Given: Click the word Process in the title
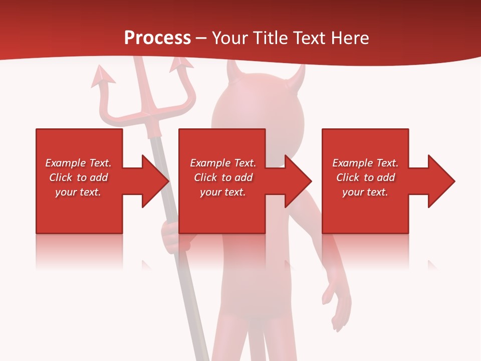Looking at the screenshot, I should [x=157, y=38].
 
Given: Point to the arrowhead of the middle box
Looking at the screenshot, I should [x=297, y=181].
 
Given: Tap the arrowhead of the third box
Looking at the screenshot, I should [x=440, y=181].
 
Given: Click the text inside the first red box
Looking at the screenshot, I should [x=78, y=177].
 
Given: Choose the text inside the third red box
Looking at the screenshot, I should [x=365, y=177].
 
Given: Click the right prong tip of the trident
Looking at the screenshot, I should [x=181, y=63].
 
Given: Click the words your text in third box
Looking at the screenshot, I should [x=365, y=192].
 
